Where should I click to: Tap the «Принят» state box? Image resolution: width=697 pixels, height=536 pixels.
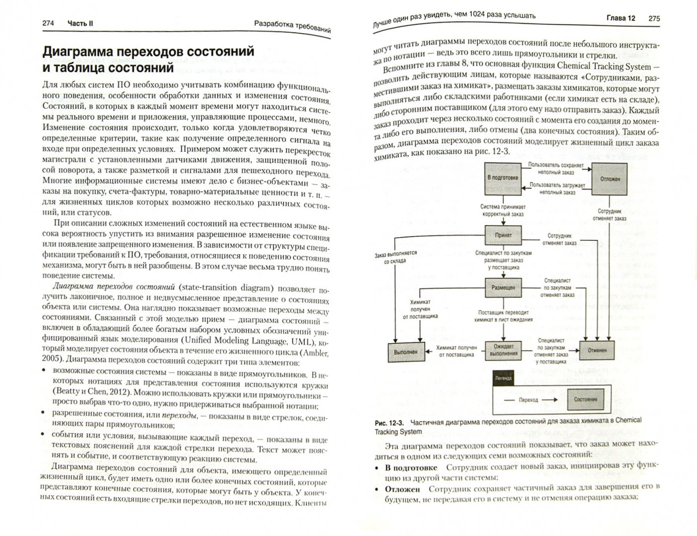[503, 235]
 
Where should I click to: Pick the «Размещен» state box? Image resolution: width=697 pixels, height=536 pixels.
[503, 288]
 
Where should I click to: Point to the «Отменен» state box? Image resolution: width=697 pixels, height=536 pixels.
[597, 350]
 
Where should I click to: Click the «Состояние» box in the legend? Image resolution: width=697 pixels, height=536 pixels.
[585, 400]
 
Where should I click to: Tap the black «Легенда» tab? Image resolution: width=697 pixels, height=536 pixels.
[502, 378]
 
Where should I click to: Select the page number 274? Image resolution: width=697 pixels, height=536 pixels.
[49, 23]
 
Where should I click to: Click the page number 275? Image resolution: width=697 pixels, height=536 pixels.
[654, 19]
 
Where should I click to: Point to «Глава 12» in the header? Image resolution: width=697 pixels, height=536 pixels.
[621, 18]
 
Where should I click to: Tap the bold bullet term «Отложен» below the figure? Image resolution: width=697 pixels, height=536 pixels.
[402, 489]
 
